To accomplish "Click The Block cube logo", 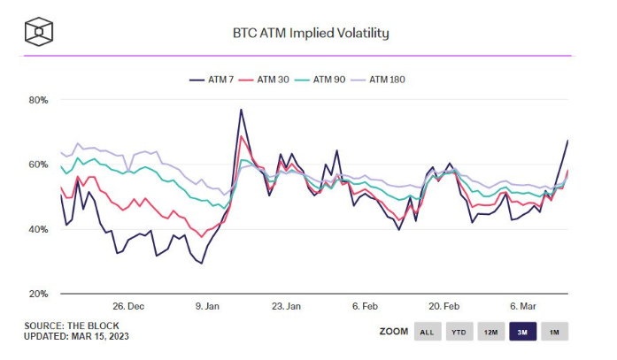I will coord(39,34).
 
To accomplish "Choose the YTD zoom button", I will coord(459,332).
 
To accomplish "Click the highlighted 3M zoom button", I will coord(522,332).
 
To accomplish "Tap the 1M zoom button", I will coord(554,332).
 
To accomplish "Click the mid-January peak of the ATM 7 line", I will coord(241,110).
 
